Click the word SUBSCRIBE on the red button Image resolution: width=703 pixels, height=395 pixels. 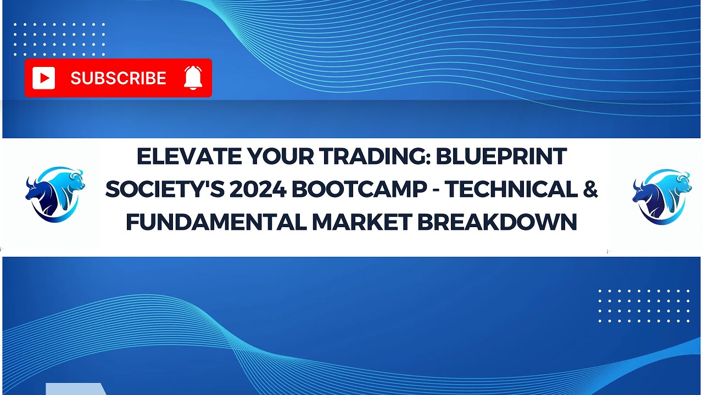(x=118, y=78)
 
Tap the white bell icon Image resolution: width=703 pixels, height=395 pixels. (x=193, y=78)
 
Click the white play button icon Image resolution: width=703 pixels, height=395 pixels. (x=44, y=78)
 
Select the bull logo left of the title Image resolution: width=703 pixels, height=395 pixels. (x=55, y=195)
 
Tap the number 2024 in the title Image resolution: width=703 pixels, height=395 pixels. (x=257, y=190)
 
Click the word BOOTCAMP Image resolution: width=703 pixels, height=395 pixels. (x=360, y=190)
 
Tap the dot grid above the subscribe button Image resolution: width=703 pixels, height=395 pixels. (x=59, y=39)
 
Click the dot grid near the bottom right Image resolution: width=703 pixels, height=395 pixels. (x=643, y=306)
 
